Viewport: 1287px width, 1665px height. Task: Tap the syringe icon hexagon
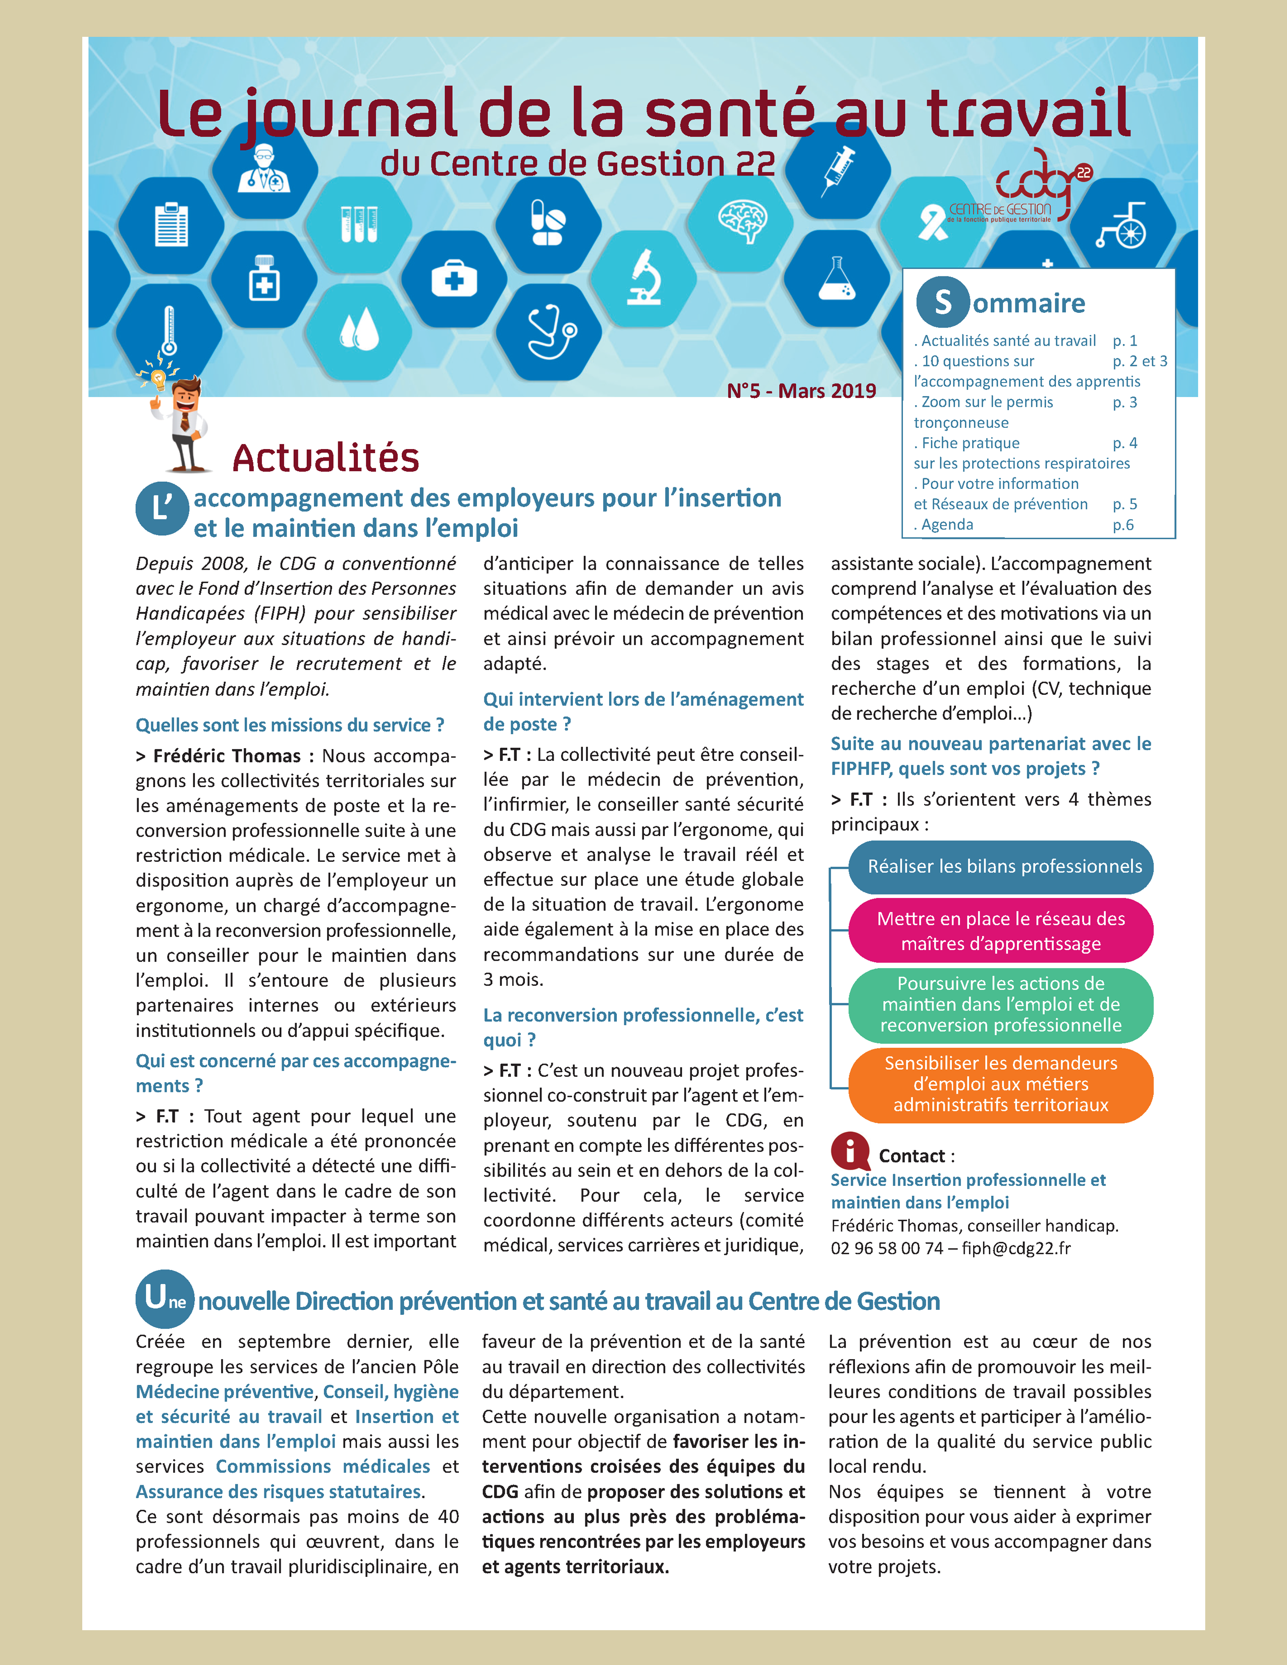pos(837,169)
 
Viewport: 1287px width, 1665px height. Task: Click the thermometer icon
pos(169,329)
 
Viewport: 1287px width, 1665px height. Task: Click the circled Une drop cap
pos(164,1299)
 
